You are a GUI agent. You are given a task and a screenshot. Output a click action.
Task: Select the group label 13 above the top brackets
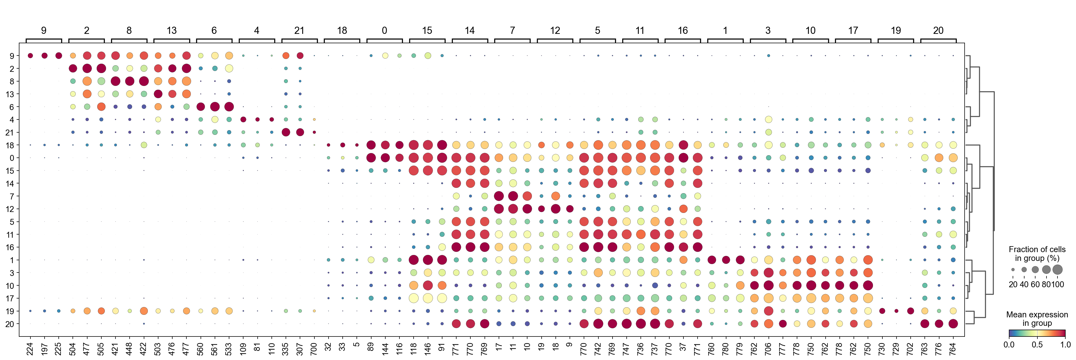pyautogui.click(x=172, y=30)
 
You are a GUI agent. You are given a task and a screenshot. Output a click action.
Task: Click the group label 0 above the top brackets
pyautogui.click(x=384, y=30)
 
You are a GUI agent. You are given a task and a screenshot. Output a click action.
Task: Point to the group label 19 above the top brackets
pyautogui.click(x=896, y=30)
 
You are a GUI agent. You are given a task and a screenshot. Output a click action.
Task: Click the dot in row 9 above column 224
pyautogui.click(x=30, y=56)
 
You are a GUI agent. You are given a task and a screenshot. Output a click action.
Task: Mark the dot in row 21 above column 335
pyautogui.click(x=286, y=132)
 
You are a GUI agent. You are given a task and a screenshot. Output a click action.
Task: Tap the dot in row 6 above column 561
pyautogui.click(x=215, y=107)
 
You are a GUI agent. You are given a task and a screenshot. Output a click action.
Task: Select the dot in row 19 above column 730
pyautogui.click(x=882, y=311)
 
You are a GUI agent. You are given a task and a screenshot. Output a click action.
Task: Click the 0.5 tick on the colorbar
pyautogui.click(x=1037, y=345)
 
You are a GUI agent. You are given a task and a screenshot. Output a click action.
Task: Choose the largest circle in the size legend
pyautogui.click(x=1057, y=270)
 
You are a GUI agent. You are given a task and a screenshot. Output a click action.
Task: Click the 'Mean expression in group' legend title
pyautogui.click(x=1037, y=319)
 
